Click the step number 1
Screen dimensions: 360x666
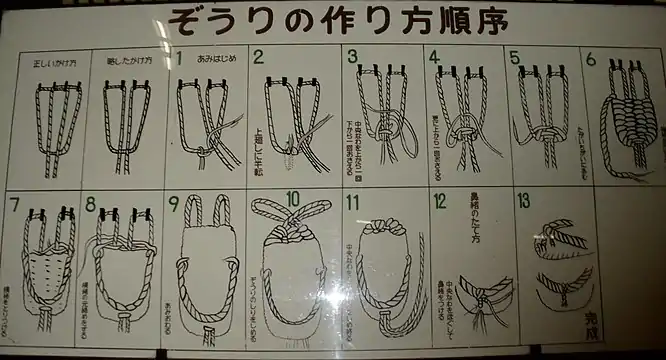point(179,58)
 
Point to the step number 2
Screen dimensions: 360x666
point(258,58)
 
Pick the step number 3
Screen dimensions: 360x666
point(352,57)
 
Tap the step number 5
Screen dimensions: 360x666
point(514,58)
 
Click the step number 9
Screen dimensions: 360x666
point(174,204)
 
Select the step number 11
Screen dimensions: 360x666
point(352,203)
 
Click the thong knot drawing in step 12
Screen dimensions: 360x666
point(480,295)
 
